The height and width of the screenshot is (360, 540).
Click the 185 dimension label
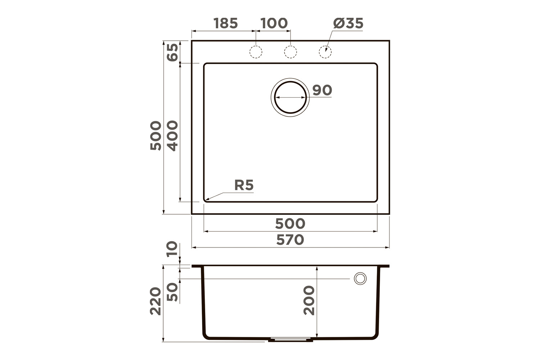226,23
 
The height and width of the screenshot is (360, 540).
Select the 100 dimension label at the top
274,23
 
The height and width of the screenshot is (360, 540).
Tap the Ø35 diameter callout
348,23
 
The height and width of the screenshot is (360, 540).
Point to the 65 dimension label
172,52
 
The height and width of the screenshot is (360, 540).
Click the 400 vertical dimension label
172,136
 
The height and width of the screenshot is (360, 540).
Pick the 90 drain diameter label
322,90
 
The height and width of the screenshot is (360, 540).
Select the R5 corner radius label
244,185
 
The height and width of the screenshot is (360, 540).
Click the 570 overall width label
290,240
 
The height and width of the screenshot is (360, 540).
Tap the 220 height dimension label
156,301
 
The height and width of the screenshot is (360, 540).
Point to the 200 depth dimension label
309,300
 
